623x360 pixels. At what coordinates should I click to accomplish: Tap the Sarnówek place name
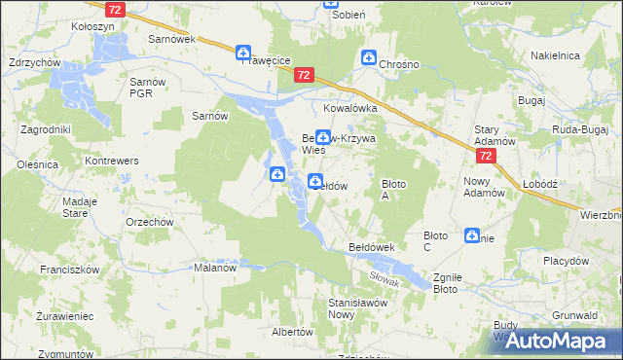(x=172, y=39)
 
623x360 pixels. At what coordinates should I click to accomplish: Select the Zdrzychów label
(x=34, y=62)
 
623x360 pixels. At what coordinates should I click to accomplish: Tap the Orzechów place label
(x=150, y=221)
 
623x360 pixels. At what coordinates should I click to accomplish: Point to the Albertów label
(x=292, y=332)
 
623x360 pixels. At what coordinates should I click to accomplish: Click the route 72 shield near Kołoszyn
(x=116, y=9)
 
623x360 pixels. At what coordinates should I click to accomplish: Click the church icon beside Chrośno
(x=369, y=58)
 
